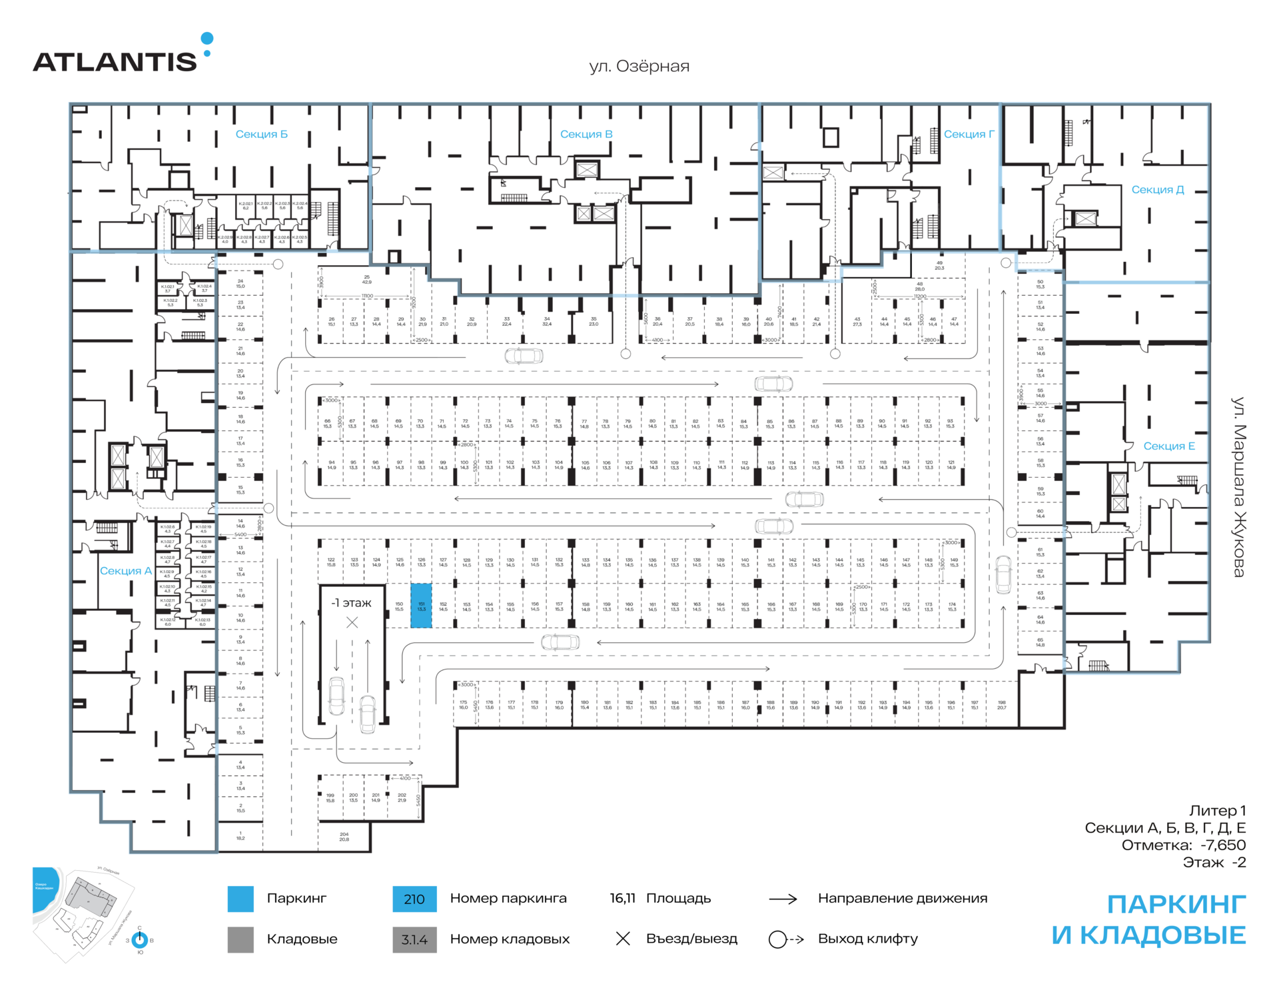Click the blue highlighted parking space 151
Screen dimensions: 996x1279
click(x=421, y=606)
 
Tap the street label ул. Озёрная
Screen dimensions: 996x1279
click(x=639, y=67)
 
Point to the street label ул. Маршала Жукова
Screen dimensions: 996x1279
click(x=1238, y=486)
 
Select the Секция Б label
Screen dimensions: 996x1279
click(x=261, y=135)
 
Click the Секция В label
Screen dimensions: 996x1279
click(x=586, y=135)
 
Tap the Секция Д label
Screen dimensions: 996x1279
click(x=1157, y=190)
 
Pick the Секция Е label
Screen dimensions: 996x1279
click(x=1168, y=446)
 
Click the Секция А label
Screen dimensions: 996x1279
click(x=125, y=571)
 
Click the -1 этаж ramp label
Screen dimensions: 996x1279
click(x=351, y=603)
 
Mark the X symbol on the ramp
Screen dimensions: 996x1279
click(x=352, y=623)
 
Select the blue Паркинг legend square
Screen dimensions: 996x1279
click(x=240, y=899)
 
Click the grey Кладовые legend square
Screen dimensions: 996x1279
click(x=240, y=939)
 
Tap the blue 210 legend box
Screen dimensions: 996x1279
click(x=414, y=899)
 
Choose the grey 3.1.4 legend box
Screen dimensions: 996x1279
click(x=414, y=939)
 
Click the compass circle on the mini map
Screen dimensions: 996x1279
click(x=140, y=940)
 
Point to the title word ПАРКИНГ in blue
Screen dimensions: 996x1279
click(x=1176, y=905)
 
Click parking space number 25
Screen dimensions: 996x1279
click(x=366, y=279)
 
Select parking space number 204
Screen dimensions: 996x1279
click(x=344, y=836)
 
